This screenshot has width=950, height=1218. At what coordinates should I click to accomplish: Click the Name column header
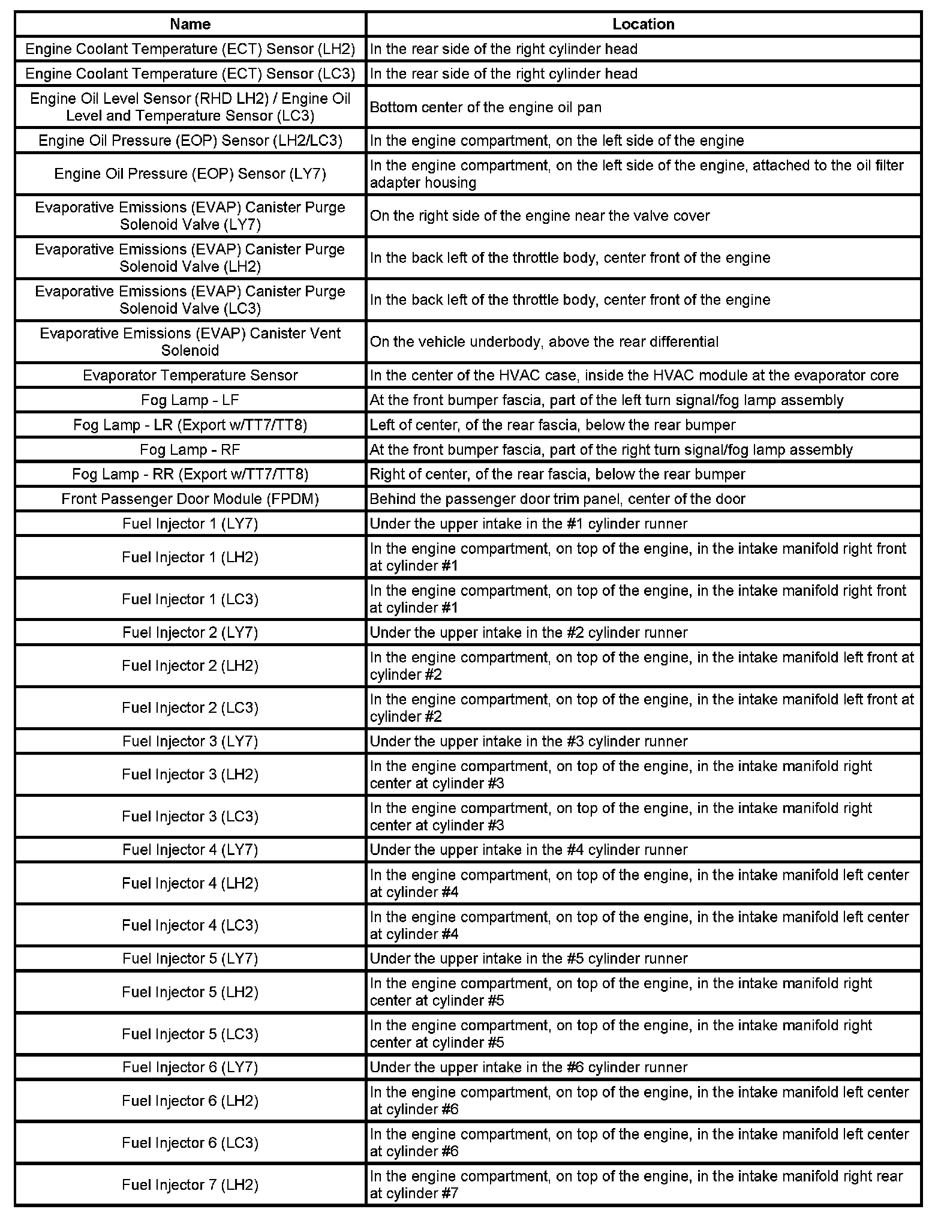click(190, 24)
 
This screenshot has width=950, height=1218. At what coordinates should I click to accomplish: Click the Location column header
click(643, 24)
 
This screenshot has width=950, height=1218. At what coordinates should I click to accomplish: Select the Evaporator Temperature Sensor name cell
click(190, 376)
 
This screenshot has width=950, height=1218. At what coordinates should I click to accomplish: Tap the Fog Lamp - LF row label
click(190, 400)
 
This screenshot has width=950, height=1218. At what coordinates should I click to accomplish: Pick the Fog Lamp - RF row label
click(190, 449)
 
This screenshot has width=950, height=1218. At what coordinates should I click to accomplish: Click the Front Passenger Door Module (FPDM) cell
click(190, 499)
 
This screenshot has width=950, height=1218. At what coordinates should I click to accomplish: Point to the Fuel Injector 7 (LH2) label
click(190, 1184)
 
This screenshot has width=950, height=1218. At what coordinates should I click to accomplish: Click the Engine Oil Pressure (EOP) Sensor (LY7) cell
click(190, 174)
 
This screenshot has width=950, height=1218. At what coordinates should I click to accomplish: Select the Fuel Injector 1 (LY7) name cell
click(190, 524)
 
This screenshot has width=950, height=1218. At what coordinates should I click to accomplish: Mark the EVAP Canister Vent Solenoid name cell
click(190, 342)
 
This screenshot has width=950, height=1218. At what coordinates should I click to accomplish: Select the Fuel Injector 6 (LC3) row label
click(190, 1142)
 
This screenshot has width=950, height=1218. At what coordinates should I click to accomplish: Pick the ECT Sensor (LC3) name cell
click(190, 74)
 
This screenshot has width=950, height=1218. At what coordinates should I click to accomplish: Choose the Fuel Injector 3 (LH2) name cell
click(190, 775)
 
